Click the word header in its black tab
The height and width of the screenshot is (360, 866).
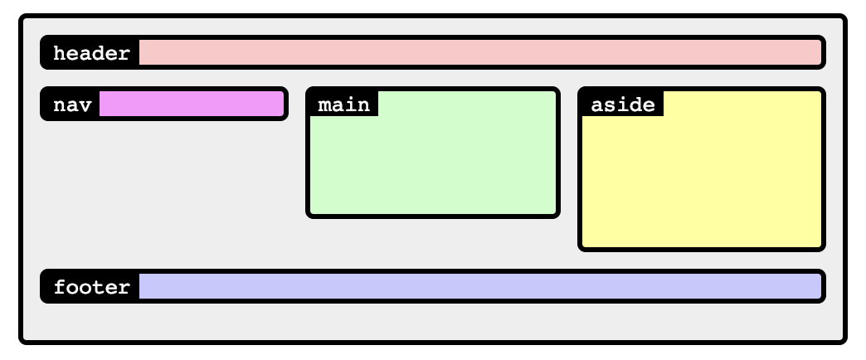(91, 54)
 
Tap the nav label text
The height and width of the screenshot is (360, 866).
(72, 105)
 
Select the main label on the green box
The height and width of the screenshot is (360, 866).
(343, 105)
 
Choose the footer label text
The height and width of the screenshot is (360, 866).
(91, 288)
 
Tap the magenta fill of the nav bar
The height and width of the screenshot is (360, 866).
(191, 105)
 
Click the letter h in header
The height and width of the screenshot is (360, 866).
(59, 54)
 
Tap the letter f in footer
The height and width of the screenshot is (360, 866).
(59, 288)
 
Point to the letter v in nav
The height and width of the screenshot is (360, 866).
(85, 105)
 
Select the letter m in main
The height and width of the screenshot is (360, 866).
(324, 105)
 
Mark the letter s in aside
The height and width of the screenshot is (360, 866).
(610, 105)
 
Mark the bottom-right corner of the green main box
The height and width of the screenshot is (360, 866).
(557, 216)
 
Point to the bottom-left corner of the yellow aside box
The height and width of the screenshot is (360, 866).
(581, 248)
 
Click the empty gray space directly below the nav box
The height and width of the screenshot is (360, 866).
(164, 191)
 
